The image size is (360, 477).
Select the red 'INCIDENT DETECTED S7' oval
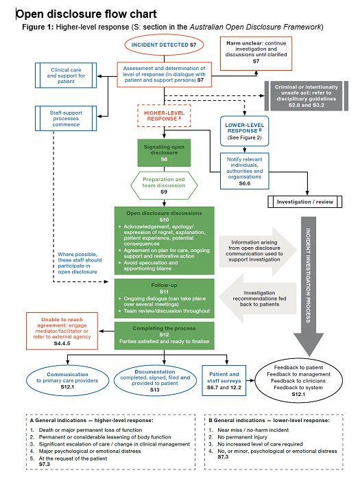pos(165,45)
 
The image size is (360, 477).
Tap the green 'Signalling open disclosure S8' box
pos(165,153)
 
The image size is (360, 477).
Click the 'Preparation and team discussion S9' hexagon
pos(165,186)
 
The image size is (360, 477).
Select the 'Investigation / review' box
pos(304,202)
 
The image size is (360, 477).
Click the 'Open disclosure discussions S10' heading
pos(165,215)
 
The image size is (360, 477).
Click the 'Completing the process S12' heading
pos(165,330)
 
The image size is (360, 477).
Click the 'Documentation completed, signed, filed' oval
pos(165,379)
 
